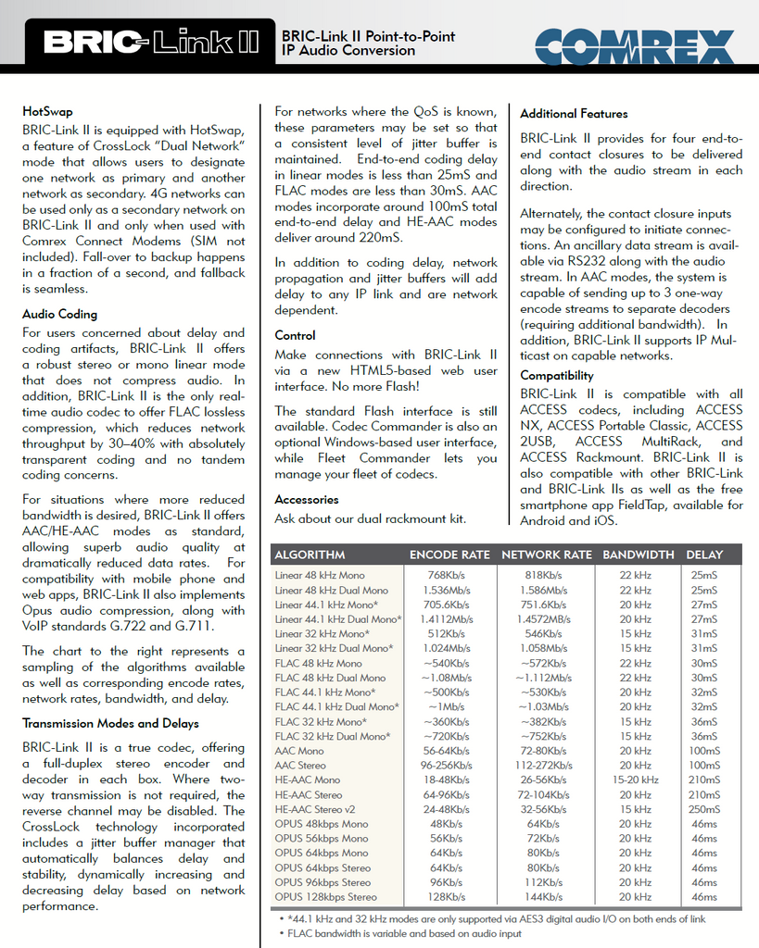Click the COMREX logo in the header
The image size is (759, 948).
coord(634,44)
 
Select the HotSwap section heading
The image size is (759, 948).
coord(47,112)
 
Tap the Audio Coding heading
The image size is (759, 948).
coord(59,315)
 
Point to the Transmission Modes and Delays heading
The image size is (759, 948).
coord(110,724)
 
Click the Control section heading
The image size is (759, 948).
coord(295,335)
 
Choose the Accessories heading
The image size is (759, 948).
coord(307,500)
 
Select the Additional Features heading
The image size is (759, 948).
coord(574,114)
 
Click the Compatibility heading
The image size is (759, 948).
coord(556,376)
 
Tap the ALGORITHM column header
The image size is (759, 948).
coord(310,555)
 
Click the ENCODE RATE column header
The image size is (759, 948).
coord(449,555)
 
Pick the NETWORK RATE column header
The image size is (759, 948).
coord(546,555)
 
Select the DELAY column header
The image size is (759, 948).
coord(704,555)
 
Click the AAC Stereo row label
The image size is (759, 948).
coord(300,766)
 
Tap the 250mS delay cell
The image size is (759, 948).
coord(704,809)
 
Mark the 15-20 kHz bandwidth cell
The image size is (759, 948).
coord(636,780)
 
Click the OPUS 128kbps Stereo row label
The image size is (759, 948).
coord(325,897)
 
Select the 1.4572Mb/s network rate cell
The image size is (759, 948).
coord(544,619)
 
